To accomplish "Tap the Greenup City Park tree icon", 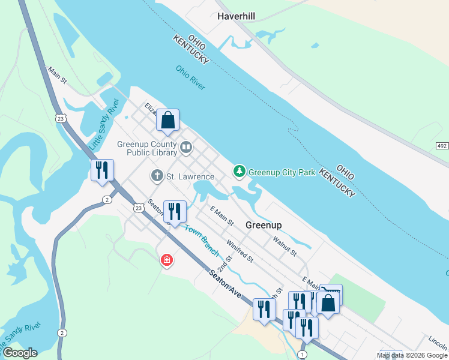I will click(240, 172).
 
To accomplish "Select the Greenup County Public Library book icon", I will click(186, 147).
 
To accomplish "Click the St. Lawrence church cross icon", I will click(157, 176).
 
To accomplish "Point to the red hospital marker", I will click(166, 260).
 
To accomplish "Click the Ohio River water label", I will click(191, 77).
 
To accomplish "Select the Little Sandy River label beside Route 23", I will click(104, 125).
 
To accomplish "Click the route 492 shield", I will click(442, 146).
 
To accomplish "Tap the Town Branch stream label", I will click(200, 239).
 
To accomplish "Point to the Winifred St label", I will click(240, 251).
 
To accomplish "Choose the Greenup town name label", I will click(264, 225).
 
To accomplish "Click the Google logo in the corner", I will click(20, 352).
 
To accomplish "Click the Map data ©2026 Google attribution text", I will click(412, 355).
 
